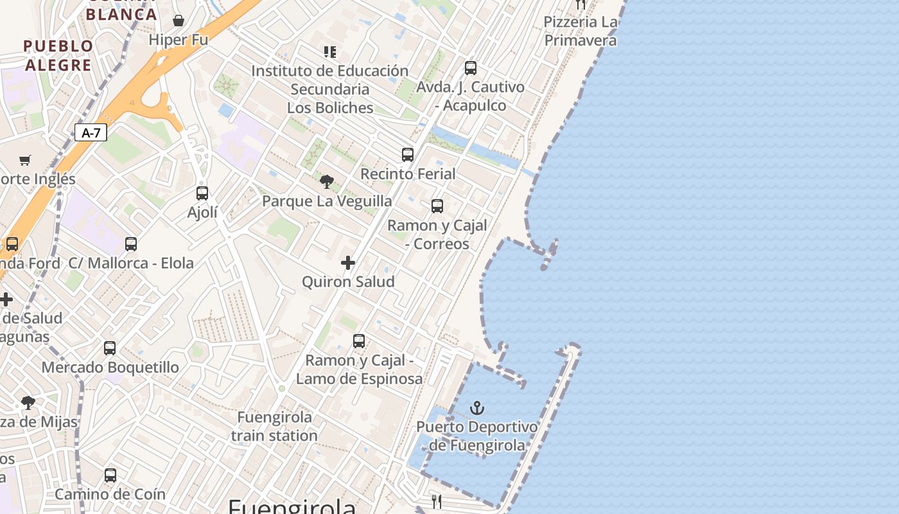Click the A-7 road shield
(91, 133)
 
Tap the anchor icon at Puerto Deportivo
(476, 408)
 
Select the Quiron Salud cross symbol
(348, 263)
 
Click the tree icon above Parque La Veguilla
(327, 182)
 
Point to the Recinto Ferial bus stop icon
(408, 155)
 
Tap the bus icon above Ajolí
(202, 193)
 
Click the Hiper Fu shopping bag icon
(179, 21)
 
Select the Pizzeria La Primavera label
(580, 31)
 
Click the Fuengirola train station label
(275, 426)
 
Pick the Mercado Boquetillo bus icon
(110, 348)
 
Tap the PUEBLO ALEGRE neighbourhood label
(58, 55)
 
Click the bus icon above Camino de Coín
(110, 475)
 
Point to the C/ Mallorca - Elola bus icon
(131, 244)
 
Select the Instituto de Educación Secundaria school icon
(330, 52)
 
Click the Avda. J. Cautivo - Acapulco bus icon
(471, 68)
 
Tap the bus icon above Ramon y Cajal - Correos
(437, 206)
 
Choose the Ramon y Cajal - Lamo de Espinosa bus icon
(359, 341)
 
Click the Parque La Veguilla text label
(327, 201)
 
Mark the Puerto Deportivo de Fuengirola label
(477, 436)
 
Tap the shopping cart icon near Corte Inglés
(25, 160)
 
